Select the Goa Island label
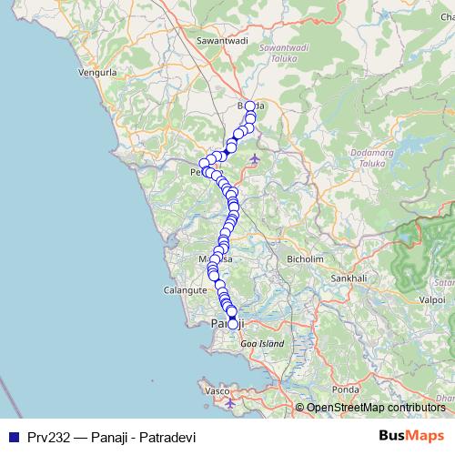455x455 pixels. click(x=262, y=344)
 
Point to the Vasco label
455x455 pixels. click(x=217, y=390)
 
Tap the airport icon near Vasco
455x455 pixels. click(x=229, y=401)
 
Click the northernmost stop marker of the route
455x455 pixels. click(x=250, y=106)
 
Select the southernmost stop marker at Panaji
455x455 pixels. click(x=233, y=324)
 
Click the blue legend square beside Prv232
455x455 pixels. click(x=14, y=436)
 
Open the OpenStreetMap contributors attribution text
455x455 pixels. click(x=375, y=409)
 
